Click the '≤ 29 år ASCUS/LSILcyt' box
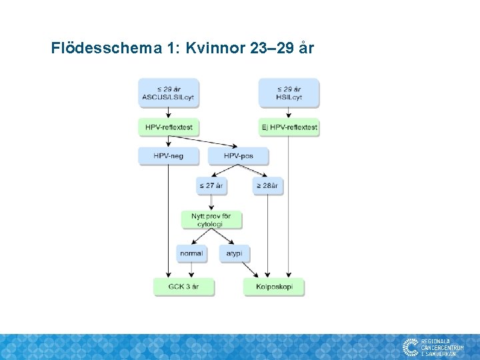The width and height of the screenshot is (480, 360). [168, 93]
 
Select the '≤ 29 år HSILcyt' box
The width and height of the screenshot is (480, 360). [289, 93]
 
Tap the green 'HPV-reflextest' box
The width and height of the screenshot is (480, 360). [168, 127]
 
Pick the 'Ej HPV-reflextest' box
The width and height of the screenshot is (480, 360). [289, 127]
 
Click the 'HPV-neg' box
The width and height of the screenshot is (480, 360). [168, 156]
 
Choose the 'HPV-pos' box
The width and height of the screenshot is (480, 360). [239, 156]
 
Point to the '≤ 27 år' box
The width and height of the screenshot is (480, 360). [211, 185]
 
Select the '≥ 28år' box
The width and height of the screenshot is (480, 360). [268, 185]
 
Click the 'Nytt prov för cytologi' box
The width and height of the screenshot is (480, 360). [211, 220]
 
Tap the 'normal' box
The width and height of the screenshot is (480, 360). [191, 254]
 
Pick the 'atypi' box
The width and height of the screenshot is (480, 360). [234, 254]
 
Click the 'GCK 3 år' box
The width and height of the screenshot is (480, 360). [183, 287]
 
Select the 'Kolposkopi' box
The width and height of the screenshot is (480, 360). [274, 287]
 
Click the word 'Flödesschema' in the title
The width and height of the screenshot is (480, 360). [105, 49]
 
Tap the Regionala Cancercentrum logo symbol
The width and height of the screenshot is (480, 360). [410, 347]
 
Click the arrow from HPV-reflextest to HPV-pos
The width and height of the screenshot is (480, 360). [203, 142]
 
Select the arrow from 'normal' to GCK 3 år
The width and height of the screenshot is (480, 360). [191, 271]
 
